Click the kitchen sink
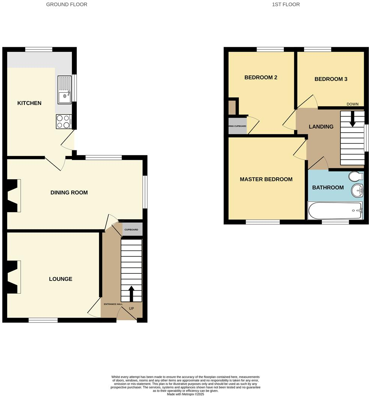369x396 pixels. pyautogui.click(x=64, y=90)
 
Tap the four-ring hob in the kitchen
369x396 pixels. pyautogui.click(x=63, y=121)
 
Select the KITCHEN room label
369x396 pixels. pyautogui.click(x=29, y=103)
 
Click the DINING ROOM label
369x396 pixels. pyautogui.click(x=69, y=192)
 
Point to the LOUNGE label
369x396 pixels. pyautogui.click(x=60, y=279)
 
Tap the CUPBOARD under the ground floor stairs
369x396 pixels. pyautogui.click(x=131, y=229)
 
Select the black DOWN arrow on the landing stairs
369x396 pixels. pyautogui.click(x=352, y=119)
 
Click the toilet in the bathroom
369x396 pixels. pyautogui.click(x=355, y=176)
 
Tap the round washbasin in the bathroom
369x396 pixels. pyautogui.click(x=357, y=190)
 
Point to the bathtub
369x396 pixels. pyautogui.click(x=335, y=210)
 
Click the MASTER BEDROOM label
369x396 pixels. pyautogui.click(x=266, y=179)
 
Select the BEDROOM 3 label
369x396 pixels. pyautogui.click(x=331, y=79)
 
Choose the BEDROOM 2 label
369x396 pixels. pyautogui.click(x=261, y=78)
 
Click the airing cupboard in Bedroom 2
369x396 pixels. pyautogui.click(x=237, y=126)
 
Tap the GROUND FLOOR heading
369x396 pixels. pyautogui.click(x=67, y=4)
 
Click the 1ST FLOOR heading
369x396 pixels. pyautogui.click(x=286, y=4)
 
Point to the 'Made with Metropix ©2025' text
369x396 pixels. pyautogui.click(x=185, y=394)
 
